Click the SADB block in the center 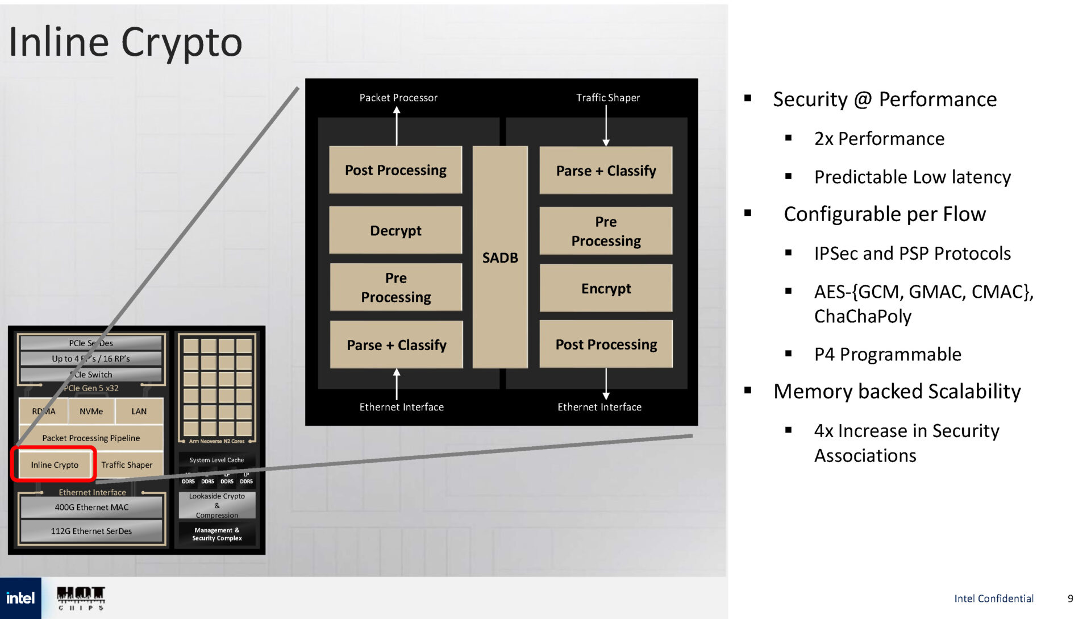point(500,257)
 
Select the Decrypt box point(395,230)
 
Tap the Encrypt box point(606,288)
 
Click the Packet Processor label point(398,98)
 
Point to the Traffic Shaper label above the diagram point(608,98)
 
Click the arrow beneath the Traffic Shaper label point(606,126)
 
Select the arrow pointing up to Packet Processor point(397,126)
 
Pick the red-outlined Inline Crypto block point(55,464)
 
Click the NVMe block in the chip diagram point(91,411)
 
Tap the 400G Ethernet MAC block point(91,507)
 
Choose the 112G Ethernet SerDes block point(91,531)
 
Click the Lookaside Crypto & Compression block point(217,505)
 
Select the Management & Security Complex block point(217,534)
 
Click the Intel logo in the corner point(20,598)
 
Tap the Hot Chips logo point(81,598)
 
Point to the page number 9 point(1071,599)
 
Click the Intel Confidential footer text point(994,599)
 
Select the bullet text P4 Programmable point(888,354)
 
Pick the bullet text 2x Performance point(879,139)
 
